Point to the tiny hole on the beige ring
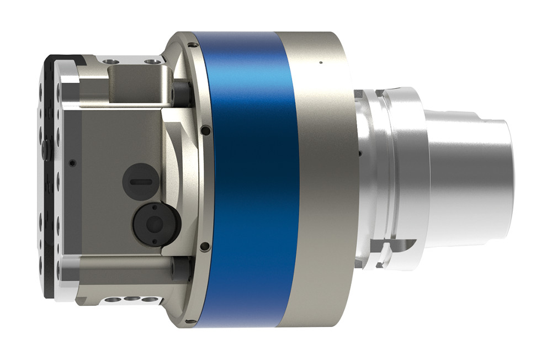(321, 63)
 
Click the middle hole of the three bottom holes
(131, 300)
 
